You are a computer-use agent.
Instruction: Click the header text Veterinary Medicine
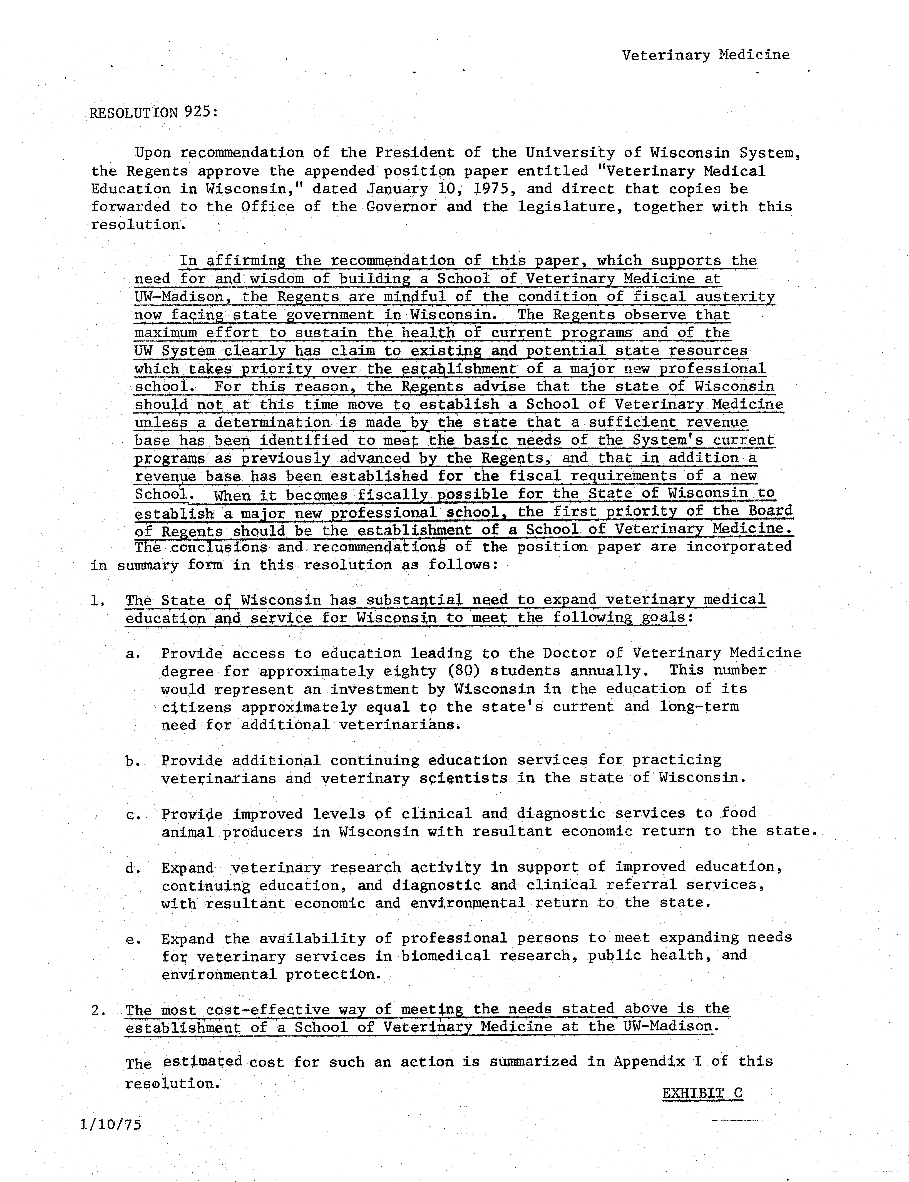pyautogui.click(x=706, y=55)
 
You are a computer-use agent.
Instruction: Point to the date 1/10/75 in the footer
pyautogui.click(x=110, y=1125)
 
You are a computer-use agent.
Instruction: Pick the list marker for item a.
pyautogui.click(x=133, y=654)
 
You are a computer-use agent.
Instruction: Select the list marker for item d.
pyautogui.click(x=133, y=868)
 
